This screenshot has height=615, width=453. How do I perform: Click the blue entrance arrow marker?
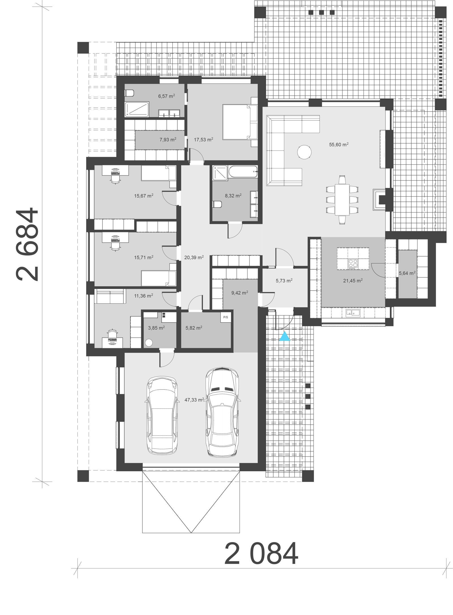pyautogui.click(x=285, y=337)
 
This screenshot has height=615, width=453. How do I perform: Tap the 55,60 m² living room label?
pyautogui.click(x=338, y=145)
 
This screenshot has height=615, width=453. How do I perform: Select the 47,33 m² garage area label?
pyautogui.click(x=194, y=400)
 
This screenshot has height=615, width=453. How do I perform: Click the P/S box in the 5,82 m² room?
pyautogui.click(x=226, y=317)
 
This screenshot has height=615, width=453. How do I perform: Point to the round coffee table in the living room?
pyautogui.click(x=305, y=152)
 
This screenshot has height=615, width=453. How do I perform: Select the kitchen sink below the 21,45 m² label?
pyautogui.click(x=352, y=313)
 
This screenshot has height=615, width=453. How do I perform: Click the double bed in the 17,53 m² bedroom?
pyautogui.click(x=239, y=122)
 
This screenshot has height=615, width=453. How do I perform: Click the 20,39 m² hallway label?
pyautogui.click(x=194, y=258)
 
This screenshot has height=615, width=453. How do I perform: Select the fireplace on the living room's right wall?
pyautogui.click(x=381, y=200)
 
